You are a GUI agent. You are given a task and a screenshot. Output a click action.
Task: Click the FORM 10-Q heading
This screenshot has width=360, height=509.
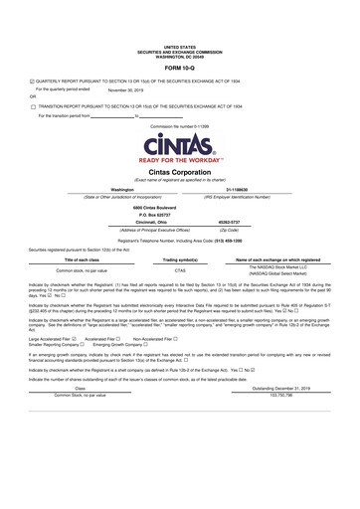click(x=180, y=67)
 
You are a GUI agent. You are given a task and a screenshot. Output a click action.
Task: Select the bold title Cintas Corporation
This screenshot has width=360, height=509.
click(x=180, y=172)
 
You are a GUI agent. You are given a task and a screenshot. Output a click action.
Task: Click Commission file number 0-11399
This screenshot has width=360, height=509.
click(x=180, y=127)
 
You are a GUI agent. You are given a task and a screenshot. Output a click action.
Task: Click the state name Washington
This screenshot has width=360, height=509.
click(x=124, y=189)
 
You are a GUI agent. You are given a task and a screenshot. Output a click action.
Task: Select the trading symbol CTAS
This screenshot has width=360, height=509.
click(x=180, y=270)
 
